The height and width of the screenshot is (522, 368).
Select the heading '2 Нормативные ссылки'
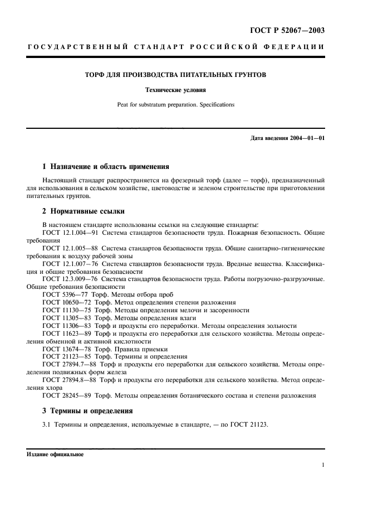(x=84, y=211)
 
